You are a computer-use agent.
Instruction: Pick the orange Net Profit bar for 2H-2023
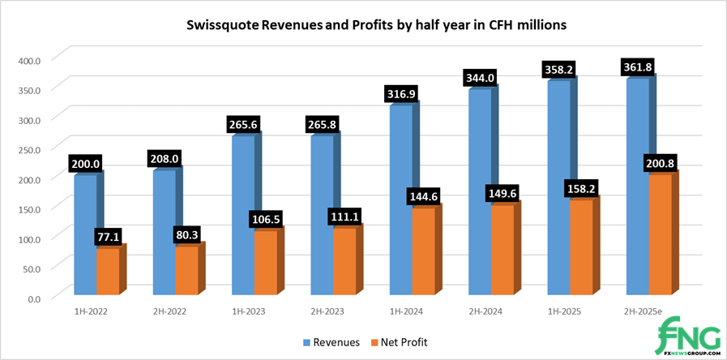344,260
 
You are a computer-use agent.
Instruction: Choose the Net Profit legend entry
397,342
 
